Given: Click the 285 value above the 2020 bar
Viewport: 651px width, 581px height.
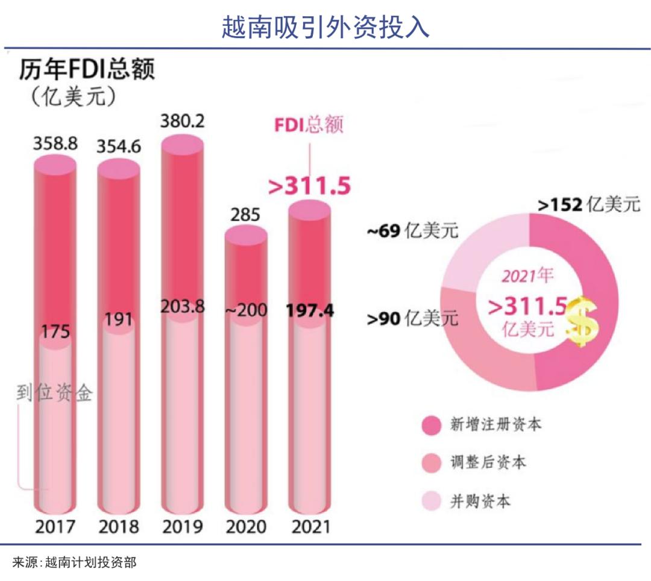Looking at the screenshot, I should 245,214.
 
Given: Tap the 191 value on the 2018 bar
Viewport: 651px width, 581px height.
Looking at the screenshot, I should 119,319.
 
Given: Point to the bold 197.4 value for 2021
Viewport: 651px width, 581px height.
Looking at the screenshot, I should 309,310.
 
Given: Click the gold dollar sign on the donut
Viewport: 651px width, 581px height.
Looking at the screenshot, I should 582,321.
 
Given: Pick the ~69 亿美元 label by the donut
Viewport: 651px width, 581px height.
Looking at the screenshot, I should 412,231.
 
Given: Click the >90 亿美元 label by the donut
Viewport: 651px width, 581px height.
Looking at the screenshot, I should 412,318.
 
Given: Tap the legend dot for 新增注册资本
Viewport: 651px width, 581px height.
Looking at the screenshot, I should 432,425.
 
